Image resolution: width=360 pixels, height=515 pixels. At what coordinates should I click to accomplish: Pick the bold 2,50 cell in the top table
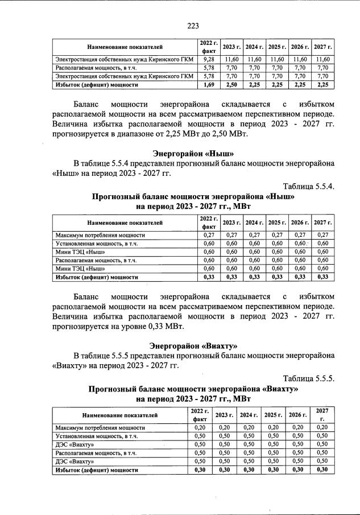click(x=231, y=85)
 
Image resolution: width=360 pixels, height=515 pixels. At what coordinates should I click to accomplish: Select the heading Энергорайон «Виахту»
click(x=193, y=345)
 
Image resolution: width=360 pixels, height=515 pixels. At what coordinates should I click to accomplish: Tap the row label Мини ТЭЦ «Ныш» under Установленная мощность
click(x=80, y=252)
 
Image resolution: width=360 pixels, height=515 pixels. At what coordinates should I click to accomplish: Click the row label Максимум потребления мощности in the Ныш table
click(x=100, y=234)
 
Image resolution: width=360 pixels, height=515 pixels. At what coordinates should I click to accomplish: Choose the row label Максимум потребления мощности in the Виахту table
click(x=100, y=427)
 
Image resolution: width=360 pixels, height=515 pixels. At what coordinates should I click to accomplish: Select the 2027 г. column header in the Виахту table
click(x=322, y=414)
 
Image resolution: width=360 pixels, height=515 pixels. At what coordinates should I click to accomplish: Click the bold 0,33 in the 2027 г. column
click(x=322, y=277)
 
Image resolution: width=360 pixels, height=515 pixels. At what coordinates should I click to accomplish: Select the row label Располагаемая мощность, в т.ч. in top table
click(x=90, y=68)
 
